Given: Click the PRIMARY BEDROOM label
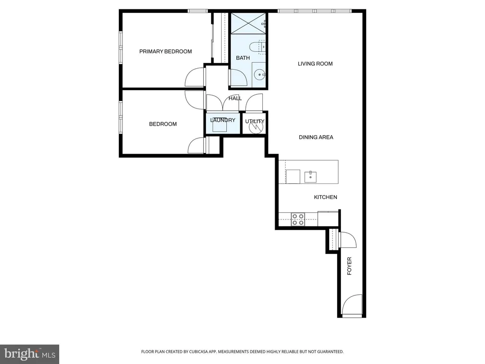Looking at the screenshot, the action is point(165,51).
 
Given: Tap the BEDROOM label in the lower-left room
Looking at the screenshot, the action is point(163,124).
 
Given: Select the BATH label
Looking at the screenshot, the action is point(243,58).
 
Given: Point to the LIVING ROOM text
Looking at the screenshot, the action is point(315,64).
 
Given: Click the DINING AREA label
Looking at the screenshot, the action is point(316,137).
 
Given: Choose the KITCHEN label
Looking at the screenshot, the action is point(325,197).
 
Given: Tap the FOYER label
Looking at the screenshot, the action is point(349,266).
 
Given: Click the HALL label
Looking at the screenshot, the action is point(235,99).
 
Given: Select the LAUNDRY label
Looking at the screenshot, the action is point(223,120).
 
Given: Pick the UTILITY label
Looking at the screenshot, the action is point(255,121).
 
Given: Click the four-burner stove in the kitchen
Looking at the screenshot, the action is point(298,219).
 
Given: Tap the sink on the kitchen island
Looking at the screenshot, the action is point(310,177).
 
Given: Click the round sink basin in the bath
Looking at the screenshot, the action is point(260,74).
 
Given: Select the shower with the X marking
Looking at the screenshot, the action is point(248,24).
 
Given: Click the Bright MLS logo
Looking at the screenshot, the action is point(30,354).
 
